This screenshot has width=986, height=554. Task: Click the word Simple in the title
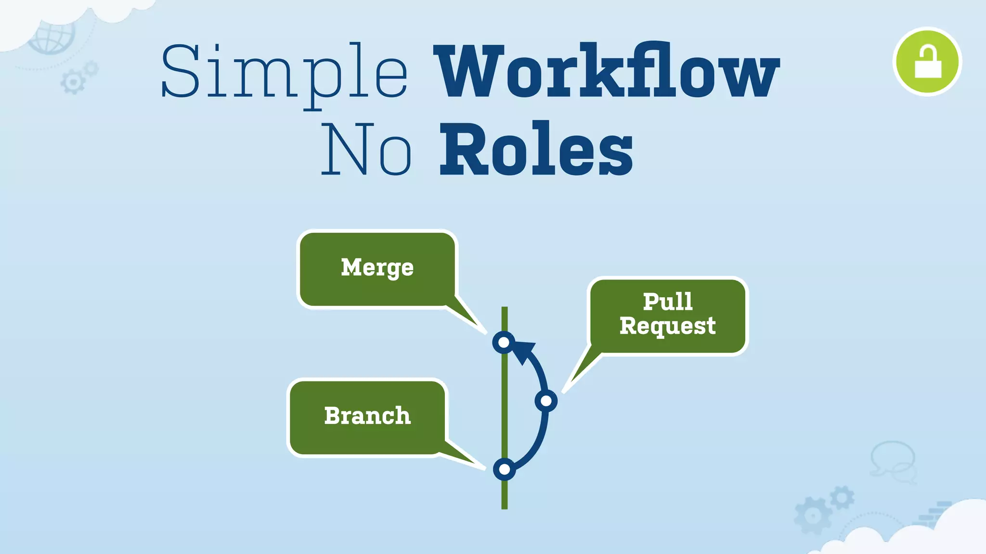click(284, 72)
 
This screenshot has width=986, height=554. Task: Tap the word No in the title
click(366, 149)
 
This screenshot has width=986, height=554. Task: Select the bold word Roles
click(536, 149)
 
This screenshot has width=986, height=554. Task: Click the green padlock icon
click(927, 62)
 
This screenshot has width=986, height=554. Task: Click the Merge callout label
click(377, 267)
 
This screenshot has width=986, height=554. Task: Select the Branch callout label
click(367, 416)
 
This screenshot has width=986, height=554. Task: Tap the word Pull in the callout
click(668, 302)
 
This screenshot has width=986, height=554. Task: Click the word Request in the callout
click(667, 326)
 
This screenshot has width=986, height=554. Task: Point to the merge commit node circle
click(504, 342)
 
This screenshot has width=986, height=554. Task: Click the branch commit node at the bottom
click(504, 469)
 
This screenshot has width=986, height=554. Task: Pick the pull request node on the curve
click(546, 401)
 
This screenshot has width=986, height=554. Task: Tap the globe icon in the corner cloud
click(52, 36)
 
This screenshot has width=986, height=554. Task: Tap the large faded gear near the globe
click(73, 82)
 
